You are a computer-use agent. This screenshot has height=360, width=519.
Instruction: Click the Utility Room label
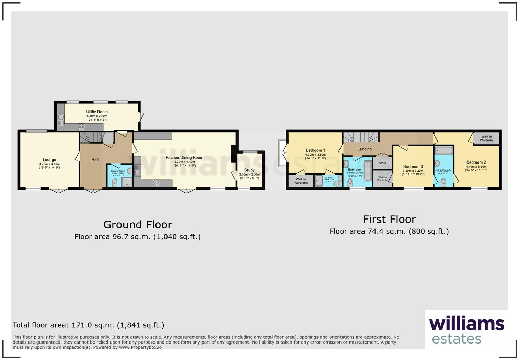(x=97, y=112)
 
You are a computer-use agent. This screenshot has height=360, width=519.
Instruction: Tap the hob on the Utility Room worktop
(x=81, y=127)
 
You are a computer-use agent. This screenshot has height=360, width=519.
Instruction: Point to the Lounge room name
(x=49, y=160)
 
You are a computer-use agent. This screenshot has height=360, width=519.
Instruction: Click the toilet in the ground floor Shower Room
(x=115, y=182)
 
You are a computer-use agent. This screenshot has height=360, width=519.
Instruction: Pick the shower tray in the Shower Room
(x=126, y=182)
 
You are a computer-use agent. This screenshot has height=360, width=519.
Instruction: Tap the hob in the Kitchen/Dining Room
(x=156, y=183)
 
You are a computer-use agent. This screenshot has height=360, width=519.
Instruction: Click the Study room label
(x=249, y=170)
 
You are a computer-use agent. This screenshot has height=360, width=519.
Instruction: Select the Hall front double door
(x=92, y=190)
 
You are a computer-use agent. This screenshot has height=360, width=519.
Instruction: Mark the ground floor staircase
(x=91, y=138)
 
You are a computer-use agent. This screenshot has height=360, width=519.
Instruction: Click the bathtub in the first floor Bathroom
(x=368, y=171)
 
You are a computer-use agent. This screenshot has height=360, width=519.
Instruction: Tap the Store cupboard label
(x=382, y=163)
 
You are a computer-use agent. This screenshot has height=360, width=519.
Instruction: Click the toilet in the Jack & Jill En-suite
(x=443, y=182)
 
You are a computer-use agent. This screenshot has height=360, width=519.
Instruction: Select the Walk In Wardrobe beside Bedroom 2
(x=486, y=138)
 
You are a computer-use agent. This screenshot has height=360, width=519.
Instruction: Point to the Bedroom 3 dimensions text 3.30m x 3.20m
(x=413, y=171)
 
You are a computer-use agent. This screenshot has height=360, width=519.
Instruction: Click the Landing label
(x=364, y=149)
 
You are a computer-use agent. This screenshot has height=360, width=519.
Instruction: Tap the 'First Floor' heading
(x=389, y=219)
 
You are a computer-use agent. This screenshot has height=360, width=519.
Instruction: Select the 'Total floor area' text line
(x=88, y=325)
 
